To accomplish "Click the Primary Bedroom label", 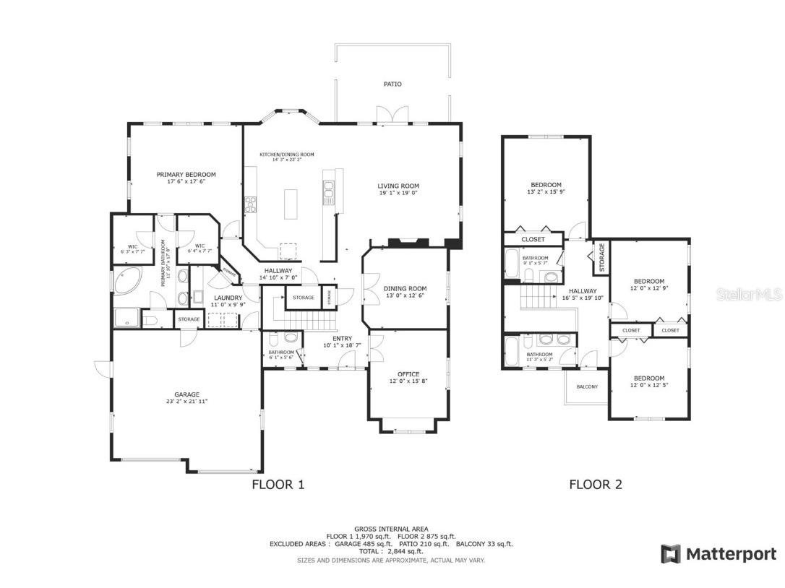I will point(186,174).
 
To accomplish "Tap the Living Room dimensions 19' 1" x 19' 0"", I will point(398,193).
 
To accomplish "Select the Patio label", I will point(392,85).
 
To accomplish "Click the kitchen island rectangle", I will point(292,204).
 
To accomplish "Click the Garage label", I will point(186,394).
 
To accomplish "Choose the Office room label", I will point(408,373).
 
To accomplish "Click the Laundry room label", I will point(228,298).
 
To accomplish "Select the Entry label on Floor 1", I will point(342,338).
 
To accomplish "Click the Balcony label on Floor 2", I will point(587,386).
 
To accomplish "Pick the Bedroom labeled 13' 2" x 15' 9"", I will point(546,185).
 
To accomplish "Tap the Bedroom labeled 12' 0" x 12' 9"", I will point(648,281).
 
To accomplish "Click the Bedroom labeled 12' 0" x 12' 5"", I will point(648,378).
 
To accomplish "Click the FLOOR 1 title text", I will point(278,485).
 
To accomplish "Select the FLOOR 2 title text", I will point(596,485).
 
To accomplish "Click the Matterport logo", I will point(718,554).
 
